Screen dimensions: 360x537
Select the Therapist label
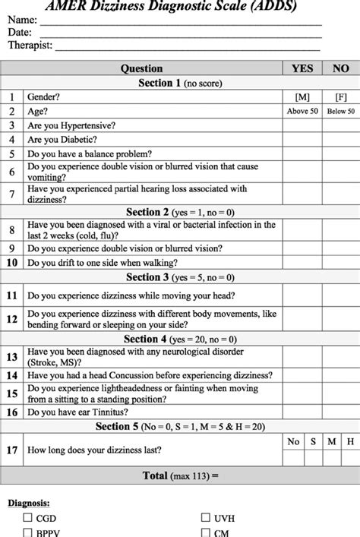pos(30,46)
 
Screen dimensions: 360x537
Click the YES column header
pos(302,68)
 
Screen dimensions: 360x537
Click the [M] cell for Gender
pos(302,97)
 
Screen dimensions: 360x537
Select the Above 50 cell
pos(302,112)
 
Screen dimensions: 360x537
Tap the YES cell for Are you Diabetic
pos(302,140)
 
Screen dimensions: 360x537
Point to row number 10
pos(12,263)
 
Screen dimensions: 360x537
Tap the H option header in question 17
pos(350,440)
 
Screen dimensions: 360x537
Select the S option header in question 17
pos(312,440)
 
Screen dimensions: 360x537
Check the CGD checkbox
pos(27,517)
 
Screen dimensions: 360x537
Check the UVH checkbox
pos(205,517)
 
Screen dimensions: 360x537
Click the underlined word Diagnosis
pos(30,502)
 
